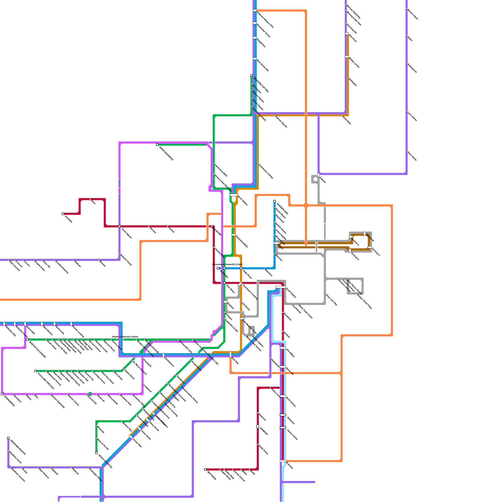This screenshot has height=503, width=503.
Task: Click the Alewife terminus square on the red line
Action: [63, 214]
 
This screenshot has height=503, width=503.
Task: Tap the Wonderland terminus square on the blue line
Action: [274, 201]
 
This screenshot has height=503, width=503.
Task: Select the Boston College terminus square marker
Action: [27, 340]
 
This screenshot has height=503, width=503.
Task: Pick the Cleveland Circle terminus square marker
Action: [36, 371]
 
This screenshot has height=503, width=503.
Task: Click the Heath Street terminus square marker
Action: [96, 453]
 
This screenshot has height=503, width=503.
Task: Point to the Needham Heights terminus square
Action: [8, 438]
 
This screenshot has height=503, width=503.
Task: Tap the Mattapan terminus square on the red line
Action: [205, 469]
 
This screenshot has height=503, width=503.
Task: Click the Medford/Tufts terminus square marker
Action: [251, 75]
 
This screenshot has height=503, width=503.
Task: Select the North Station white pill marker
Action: [234, 195]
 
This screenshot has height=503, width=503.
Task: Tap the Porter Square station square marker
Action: [119, 226]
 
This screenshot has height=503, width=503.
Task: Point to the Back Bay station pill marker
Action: [230, 354]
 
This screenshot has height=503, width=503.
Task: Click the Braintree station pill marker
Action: [283, 461]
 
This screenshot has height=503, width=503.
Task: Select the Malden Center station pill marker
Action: [347, 57]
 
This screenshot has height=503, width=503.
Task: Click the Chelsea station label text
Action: [323, 180]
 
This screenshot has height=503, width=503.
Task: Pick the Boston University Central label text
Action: [125, 337]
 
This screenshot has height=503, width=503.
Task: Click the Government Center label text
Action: [227, 264]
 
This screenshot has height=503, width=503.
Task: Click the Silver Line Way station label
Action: [331, 300]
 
